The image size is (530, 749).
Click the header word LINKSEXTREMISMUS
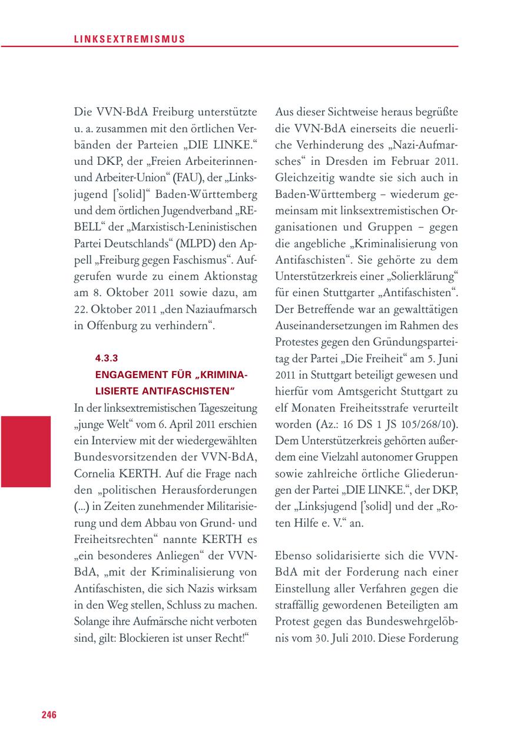tap(130, 39)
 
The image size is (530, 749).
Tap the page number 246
tap(49, 715)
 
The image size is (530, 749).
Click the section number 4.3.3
tap(107, 357)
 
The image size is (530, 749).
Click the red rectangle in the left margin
tap(25, 451)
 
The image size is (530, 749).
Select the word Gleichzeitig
tap(306, 177)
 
